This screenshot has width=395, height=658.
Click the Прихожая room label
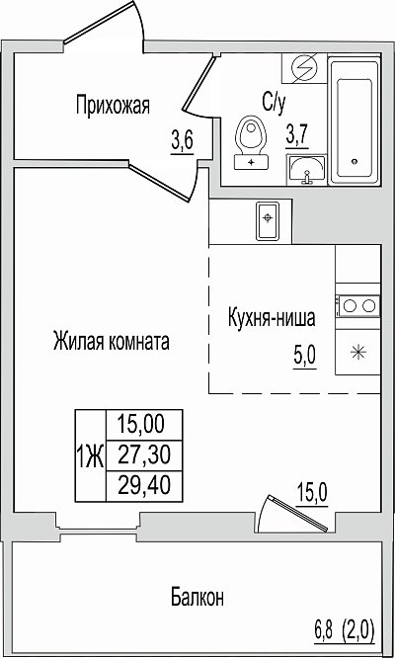[113, 106]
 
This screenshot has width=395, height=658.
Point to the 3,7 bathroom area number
[297, 136]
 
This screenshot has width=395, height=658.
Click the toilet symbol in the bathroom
[251, 142]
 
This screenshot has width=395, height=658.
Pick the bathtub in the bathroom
[355, 122]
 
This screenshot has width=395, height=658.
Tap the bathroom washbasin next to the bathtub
[306, 170]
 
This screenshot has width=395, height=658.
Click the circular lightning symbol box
[303, 67]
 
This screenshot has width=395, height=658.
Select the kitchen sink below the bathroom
[268, 220]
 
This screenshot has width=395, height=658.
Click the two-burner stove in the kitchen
[357, 305]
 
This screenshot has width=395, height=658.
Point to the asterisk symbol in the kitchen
[358, 352]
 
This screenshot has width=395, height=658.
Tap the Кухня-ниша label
[272, 319]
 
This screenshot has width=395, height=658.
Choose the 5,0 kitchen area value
[305, 358]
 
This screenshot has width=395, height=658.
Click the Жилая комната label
[112, 342]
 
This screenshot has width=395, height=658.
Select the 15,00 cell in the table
[144, 425]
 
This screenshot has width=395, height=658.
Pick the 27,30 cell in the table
[144, 456]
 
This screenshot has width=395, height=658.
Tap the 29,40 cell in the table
[144, 487]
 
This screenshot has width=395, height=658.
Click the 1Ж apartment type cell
[91, 456]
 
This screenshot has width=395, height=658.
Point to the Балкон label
[197, 597]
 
